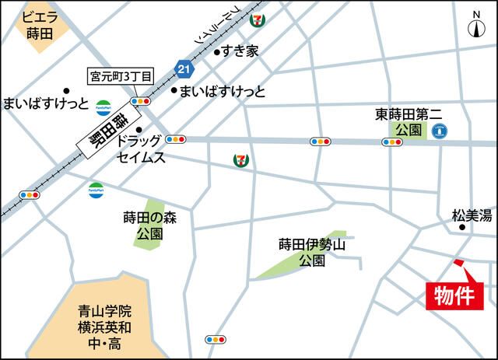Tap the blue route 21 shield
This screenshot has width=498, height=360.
tap(184, 70)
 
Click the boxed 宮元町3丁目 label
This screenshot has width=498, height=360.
tap(121, 76)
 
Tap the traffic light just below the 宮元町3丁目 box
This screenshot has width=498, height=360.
tap(141, 100)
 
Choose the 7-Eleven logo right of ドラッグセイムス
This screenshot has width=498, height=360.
tap(240, 159)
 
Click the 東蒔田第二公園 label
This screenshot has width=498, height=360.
tap(409, 121)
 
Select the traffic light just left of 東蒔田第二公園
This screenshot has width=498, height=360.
tap(391, 142)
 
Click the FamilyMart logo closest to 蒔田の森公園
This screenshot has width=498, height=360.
tap(96, 188)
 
